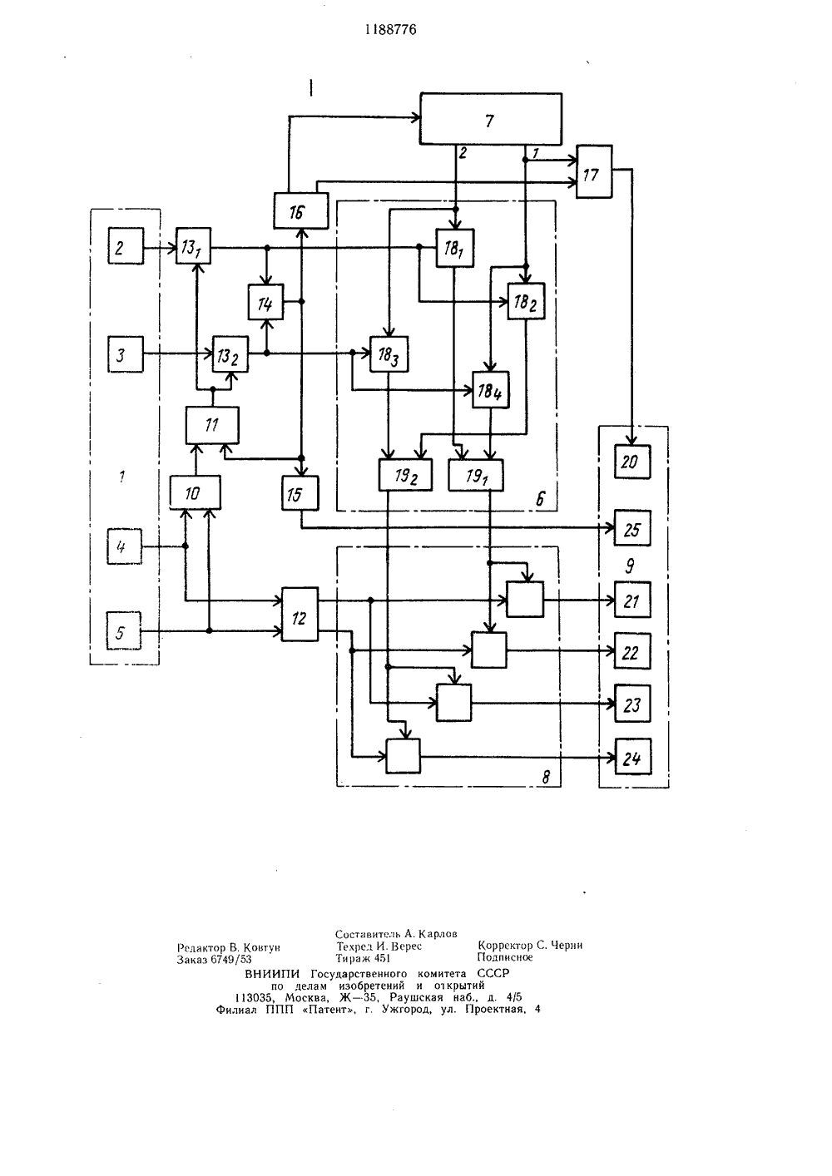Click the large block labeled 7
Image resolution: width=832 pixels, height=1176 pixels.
(491, 119)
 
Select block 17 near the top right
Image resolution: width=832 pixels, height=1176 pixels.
(594, 171)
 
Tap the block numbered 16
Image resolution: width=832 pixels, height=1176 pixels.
(301, 210)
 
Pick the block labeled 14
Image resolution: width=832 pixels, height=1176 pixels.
(265, 302)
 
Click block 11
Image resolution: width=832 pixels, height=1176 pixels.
(212, 425)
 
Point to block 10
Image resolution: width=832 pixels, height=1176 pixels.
(195, 492)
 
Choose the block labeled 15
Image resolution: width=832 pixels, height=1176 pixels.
(300, 493)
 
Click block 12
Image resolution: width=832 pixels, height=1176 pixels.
(300, 615)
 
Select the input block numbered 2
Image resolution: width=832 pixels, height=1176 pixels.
(126, 245)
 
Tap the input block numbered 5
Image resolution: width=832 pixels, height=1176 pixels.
(124, 630)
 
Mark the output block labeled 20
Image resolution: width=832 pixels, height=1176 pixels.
(632, 462)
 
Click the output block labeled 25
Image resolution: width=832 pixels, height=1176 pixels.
(632, 528)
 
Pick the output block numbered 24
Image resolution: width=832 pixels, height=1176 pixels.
(633, 757)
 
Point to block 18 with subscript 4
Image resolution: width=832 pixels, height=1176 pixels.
(491, 389)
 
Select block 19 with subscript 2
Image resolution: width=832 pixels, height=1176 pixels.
(405, 475)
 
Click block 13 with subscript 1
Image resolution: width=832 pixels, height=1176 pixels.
(193, 245)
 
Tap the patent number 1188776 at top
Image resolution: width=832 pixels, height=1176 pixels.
(391, 29)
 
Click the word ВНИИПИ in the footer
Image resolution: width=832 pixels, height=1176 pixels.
(272, 974)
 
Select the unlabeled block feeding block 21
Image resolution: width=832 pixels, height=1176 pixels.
(525, 599)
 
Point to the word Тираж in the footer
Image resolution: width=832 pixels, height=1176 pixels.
(352, 958)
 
